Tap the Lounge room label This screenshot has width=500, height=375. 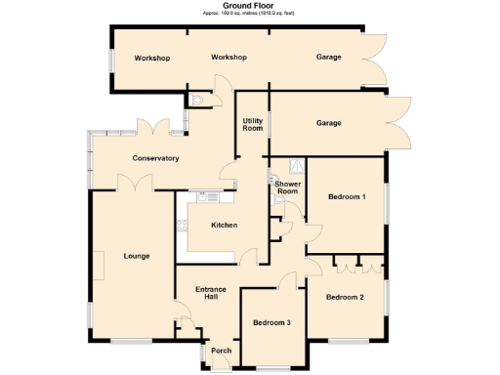pyautogui.click(x=137, y=256)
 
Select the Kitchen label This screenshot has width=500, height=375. pyautogui.click(x=225, y=226)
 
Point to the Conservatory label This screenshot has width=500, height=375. pyautogui.click(x=155, y=158)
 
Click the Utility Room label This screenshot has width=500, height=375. pyautogui.click(x=253, y=124)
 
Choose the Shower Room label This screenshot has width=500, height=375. pyautogui.click(x=286, y=187)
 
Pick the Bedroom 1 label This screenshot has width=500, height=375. pyautogui.click(x=347, y=197)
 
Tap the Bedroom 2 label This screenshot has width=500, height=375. pyautogui.click(x=345, y=297)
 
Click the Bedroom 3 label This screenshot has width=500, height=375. pyautogui.click(x=271, y=322)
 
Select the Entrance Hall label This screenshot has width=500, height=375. pyautogui.click(x=211, y=294)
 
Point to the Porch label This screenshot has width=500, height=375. pyautogui.click(x=221, y=352)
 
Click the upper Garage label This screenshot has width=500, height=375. pyautogui.click(x=329, y=58)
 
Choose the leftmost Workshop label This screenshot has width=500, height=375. pyautogui.click(x=151, y=59)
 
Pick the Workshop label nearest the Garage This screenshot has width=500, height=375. pyautogui.click(x=229, y=58)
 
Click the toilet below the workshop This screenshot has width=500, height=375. pyautogui.click(x=198, y=99)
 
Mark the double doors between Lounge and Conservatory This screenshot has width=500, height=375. pyautogui.click(x=133, y=183)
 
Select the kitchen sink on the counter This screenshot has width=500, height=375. pyautogui.click(x=209, y=196)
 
